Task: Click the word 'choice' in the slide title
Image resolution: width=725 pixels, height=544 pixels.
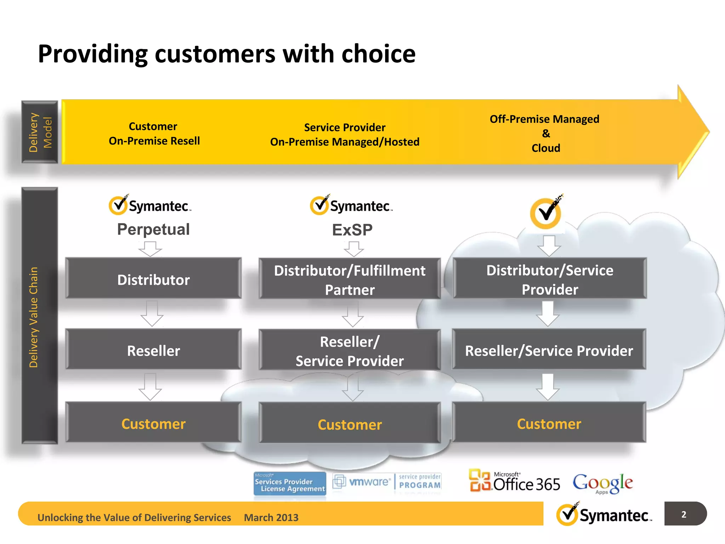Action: tap(378, 54)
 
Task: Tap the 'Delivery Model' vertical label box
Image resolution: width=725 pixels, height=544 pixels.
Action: tap(40, 132)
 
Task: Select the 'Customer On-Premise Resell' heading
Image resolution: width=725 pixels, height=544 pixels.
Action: tap(154, 134)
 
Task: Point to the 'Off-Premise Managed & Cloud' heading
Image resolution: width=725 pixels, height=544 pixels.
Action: tap(545, 134)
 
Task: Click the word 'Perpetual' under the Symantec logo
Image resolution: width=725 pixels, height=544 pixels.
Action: tap(153, 229)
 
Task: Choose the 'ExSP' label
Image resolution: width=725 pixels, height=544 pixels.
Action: tap(352, 230)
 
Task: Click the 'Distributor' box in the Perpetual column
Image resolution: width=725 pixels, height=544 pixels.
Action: tap(153, 279)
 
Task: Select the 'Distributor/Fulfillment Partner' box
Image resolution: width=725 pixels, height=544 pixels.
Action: tap(349, 280)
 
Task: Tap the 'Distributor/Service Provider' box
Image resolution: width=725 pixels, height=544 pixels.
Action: tap(549, 279)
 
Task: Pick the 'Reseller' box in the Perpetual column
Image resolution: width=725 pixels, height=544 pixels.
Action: tap(153, 350)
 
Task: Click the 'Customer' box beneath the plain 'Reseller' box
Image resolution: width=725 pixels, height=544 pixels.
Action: tap(153, 423)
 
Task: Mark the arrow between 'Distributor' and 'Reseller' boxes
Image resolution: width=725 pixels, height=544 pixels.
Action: tap(152, 314)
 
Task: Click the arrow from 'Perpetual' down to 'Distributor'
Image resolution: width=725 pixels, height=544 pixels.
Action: tap(150, 249)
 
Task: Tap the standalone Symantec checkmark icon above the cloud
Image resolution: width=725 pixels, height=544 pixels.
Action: tap(546, 212)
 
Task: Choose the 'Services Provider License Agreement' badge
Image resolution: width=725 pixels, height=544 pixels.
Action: tap(290, 483)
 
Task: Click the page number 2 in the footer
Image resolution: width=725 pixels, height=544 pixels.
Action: tap(684, 514)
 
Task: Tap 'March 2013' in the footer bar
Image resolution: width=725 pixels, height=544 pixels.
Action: tap(271, 517)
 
